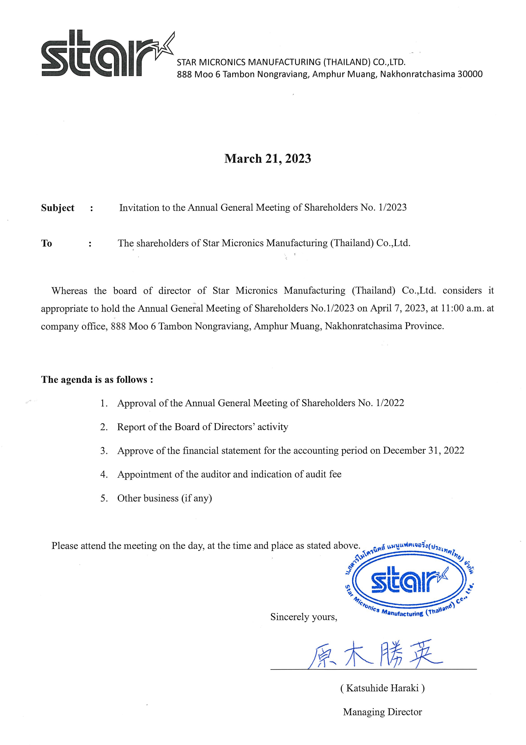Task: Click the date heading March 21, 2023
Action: tap(267, 159)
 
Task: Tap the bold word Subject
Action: tap(58, 208)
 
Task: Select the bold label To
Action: tap(46, 243)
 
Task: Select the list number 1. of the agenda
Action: tap(104, 403)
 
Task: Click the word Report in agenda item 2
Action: tap(131, 427)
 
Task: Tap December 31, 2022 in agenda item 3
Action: tap(423, 450)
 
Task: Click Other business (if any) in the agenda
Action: tap(164, 498)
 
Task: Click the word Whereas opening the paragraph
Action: tap(69, 291)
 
